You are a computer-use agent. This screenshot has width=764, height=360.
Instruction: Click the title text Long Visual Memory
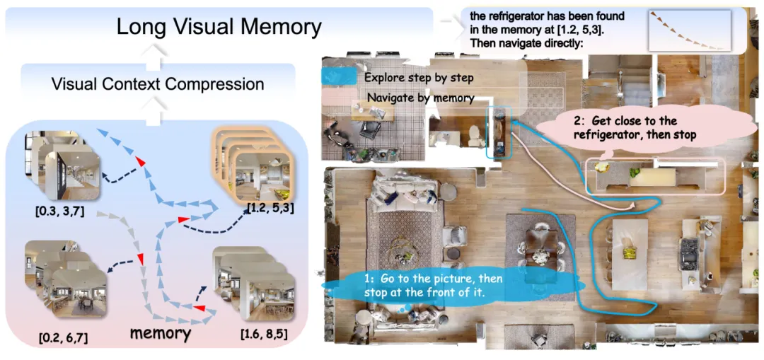219,27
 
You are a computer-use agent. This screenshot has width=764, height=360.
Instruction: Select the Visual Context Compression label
158,84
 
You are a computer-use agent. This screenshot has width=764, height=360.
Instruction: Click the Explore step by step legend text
419,77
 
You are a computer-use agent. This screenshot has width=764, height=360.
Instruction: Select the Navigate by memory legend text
420,98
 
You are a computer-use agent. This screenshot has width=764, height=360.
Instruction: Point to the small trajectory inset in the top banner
688,30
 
